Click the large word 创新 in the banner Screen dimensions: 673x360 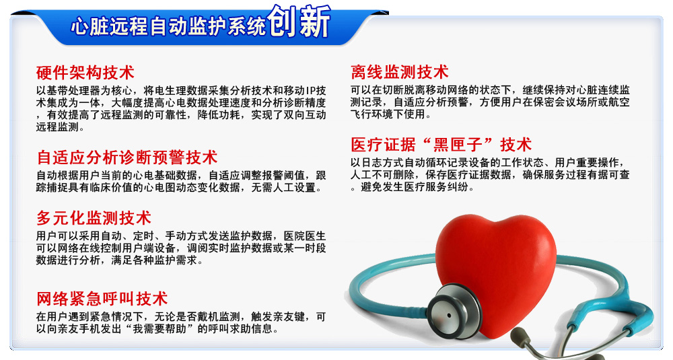299,22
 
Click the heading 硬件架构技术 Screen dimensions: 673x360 85,73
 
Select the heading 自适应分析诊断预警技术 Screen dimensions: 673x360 127,157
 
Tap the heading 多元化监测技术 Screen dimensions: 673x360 94,218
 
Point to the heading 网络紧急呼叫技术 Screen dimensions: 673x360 102,299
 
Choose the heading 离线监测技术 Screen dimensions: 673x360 400,71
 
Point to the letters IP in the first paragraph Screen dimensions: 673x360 310,91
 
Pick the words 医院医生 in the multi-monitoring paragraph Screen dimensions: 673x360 304,236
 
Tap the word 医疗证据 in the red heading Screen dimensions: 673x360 383,144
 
